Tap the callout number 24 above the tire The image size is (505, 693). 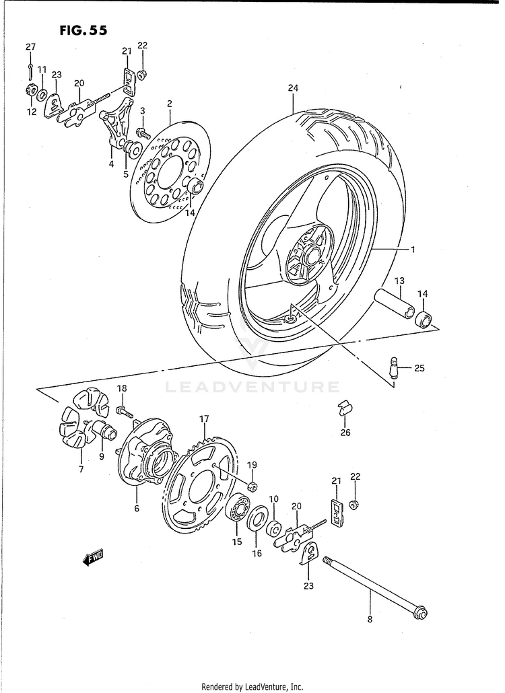[x=292, y=88]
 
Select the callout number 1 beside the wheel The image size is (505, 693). [x=413, y=250]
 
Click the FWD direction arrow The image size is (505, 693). [x=92, y=556]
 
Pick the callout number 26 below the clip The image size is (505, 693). [x=345, y=433]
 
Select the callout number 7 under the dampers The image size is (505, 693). [x=81, y=470]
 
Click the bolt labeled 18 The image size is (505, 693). [x=124, y=410]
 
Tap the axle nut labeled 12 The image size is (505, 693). [x=30, y=92]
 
